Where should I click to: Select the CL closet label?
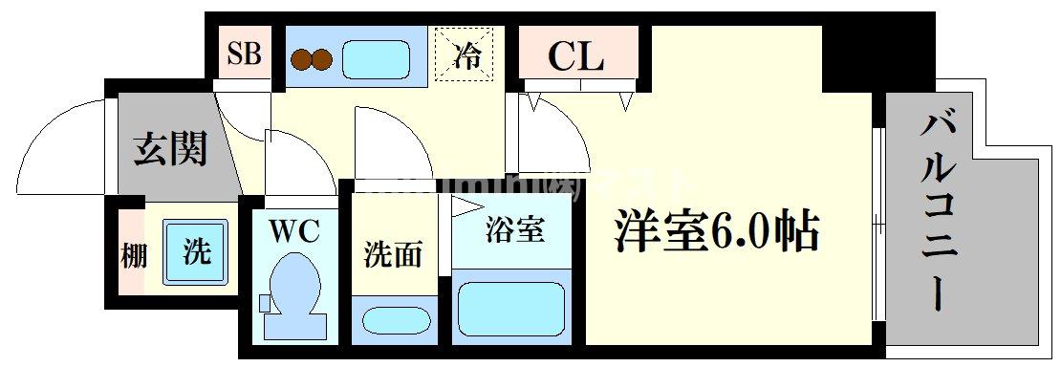coord(575,56)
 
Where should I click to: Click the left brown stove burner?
coord(303,59)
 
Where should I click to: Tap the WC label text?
coord(292,230)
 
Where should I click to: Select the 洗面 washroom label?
coord(392,255)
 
